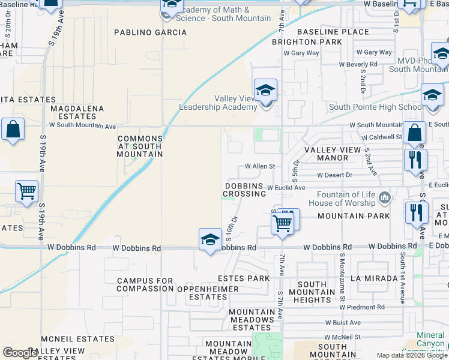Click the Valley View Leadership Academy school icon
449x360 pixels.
[265, 91]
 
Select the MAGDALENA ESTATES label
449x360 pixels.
[77, 112]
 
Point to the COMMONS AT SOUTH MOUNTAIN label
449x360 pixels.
[140, 146]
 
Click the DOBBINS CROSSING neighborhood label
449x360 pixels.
[244, 190]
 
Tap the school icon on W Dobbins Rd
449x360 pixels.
[210, 240]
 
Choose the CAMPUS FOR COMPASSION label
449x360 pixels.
[145, 284]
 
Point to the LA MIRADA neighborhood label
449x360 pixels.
[375, 278]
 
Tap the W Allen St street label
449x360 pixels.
[259, 166]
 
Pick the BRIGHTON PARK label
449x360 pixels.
[307, 42]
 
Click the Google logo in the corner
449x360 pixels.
[20, 353]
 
